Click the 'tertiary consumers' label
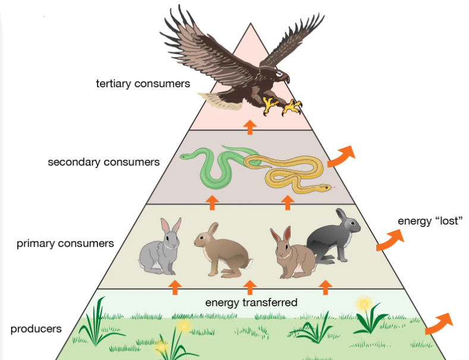pyautogui.click(x=143, y=84)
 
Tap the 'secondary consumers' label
pyautogui.click(x=103, y=162)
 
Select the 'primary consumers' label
pyautogui.click(x=65, y=244)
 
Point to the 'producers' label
pyautogui.click(x=36, y=329)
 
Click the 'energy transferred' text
pyautogui.click(x=251, y=302)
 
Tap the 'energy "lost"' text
pyautogui.click(x=430, y=221)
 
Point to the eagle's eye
pyautogui.click(x=279, y=73)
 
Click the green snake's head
pyautogui.click(x=185, y=156)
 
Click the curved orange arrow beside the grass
pyautogui.click(x=439, y=324)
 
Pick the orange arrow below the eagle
pyautogui.click(x=250, y=127)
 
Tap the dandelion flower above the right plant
pyautogui.click(x=364, y=304)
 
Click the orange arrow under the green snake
pyautogui.click(x=212, y=203)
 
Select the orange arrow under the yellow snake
pyautogui.click(x=288, y=203)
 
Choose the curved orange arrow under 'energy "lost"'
pyautogui.click(x=391, y=240)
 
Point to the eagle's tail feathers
pyautogui.click(x=220, y=100)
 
